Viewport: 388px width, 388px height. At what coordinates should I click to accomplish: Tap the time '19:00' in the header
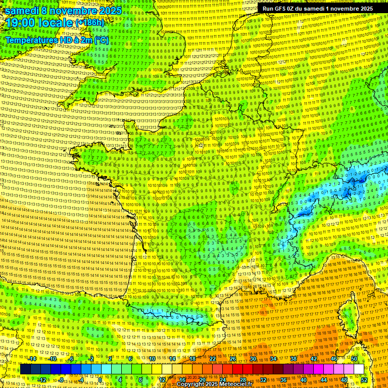click(23, 23)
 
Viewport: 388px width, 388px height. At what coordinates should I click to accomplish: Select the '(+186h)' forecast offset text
click(89, 23)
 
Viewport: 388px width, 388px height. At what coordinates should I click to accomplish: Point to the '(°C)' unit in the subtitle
click(101, 40)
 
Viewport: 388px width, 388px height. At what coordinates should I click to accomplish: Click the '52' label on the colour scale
click(364, 380)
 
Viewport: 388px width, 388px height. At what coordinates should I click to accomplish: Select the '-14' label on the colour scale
click(32, 359)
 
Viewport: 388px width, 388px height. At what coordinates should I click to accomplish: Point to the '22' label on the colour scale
click(213, 359)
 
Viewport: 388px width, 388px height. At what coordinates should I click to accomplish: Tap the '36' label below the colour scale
click(283, 380)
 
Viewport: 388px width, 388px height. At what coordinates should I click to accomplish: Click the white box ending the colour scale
click(359, 369)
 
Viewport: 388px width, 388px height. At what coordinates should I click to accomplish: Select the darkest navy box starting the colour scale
click(25, 369)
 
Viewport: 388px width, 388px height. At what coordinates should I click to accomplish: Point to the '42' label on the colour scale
click(314, 359)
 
